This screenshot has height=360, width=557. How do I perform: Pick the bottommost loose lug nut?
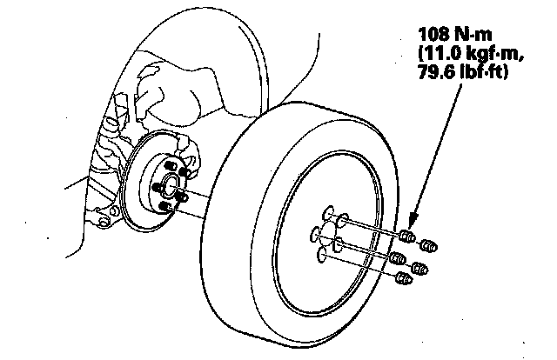(402, 277)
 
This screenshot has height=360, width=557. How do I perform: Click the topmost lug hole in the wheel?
(328, 211)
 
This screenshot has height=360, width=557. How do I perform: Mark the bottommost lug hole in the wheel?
(325, 253)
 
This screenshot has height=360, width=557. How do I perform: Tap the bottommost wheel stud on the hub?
(165, 205)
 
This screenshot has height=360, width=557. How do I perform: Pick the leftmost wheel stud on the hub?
(155, 186)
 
